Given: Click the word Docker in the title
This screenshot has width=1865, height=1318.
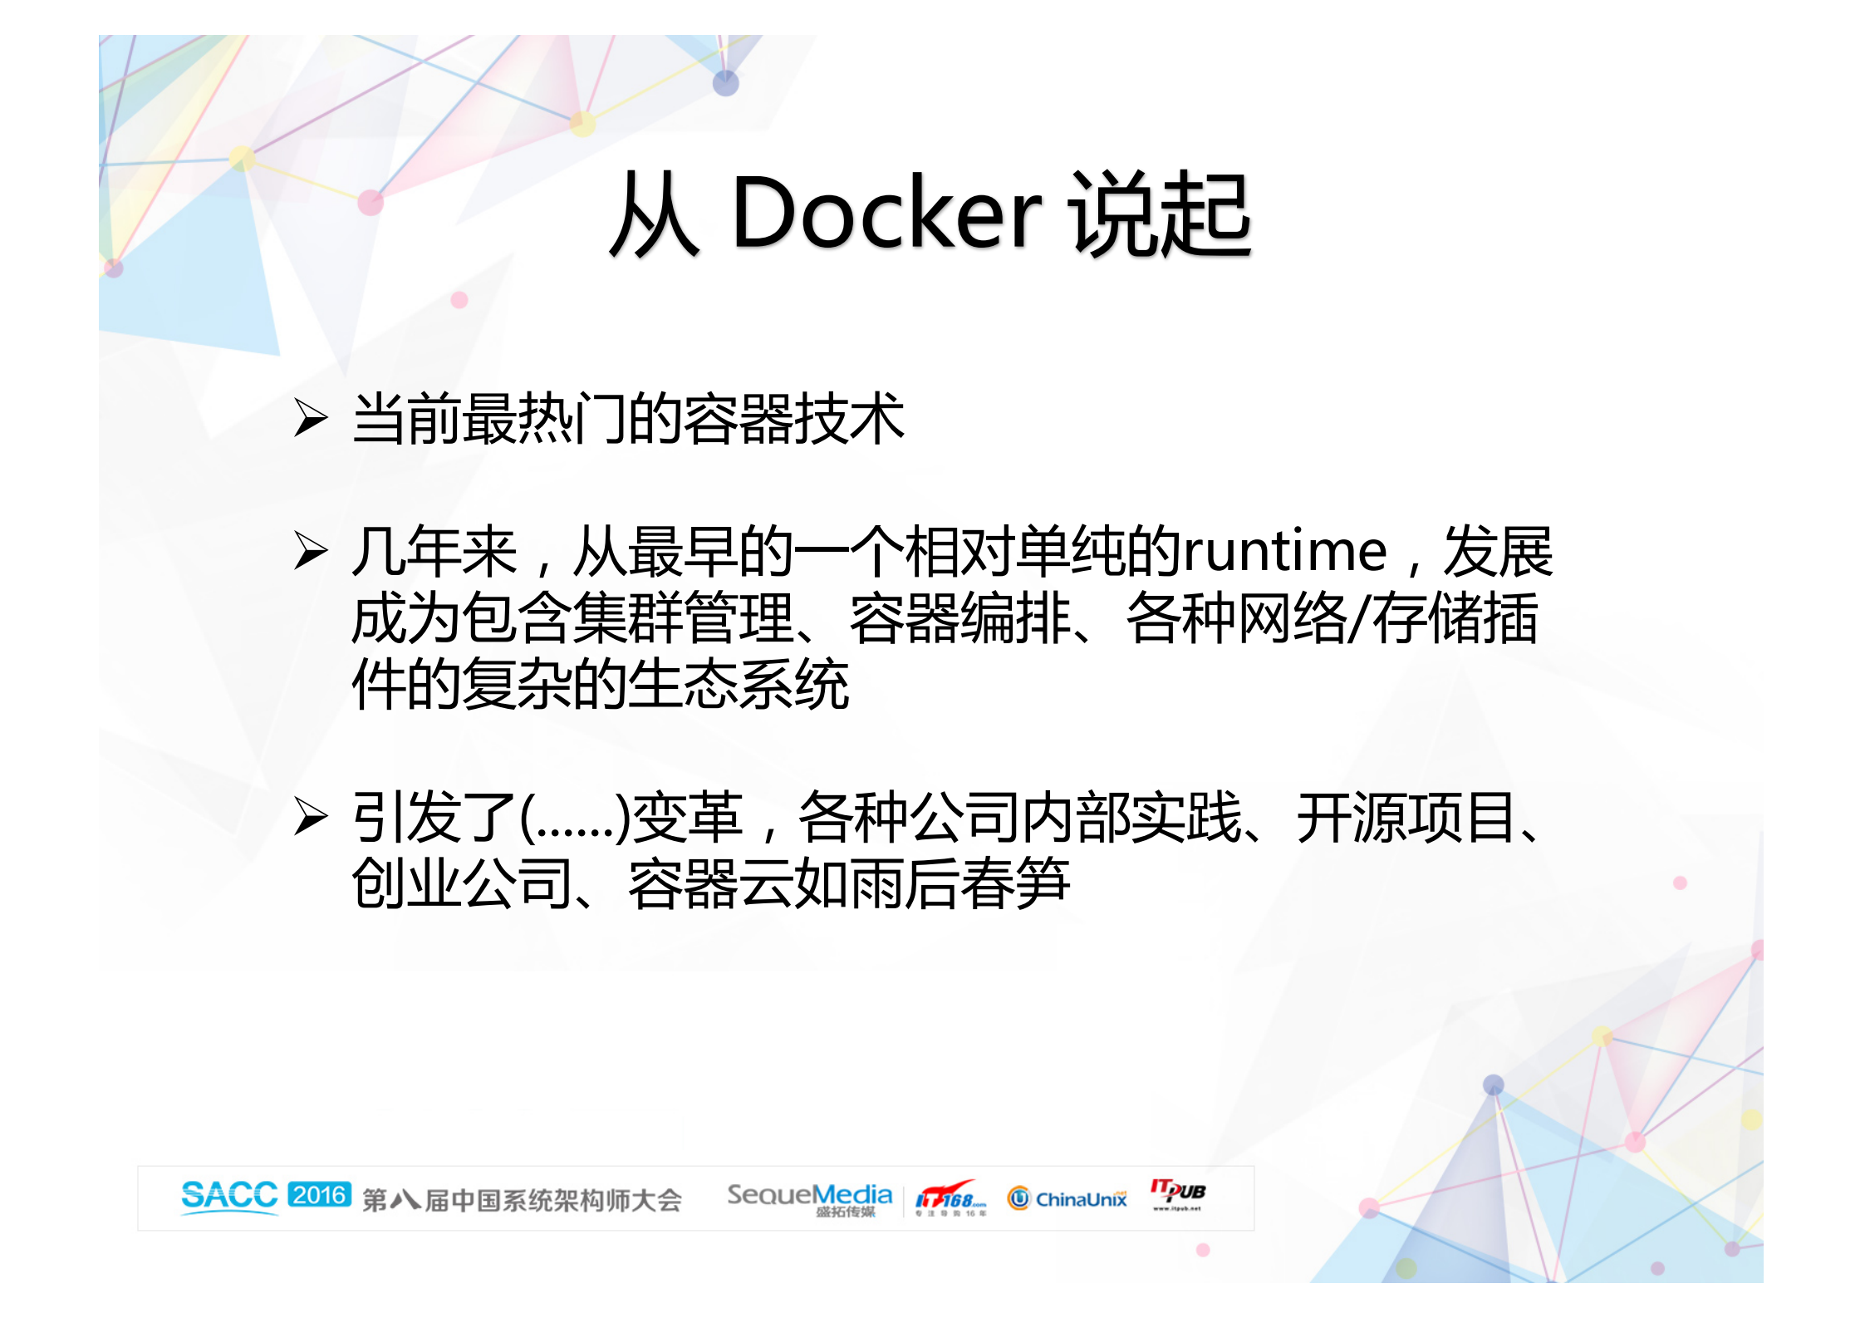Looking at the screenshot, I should click(886, 214).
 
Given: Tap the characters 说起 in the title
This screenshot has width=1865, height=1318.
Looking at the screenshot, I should click(1161, 214).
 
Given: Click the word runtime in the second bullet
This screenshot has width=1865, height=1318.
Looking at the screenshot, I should click(1284, 551).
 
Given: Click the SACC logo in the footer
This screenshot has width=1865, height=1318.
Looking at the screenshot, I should click(229, 1196).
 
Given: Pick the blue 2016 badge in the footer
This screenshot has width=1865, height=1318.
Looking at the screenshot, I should click(320, 1195).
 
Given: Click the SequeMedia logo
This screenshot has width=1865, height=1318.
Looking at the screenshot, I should click(809, 1198).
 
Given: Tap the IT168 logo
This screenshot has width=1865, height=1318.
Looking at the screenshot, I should click(950, 1198).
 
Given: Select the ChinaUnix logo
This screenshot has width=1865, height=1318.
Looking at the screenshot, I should click(1068, 1198).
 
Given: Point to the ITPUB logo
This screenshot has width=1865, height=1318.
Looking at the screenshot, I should click(1177, 1193).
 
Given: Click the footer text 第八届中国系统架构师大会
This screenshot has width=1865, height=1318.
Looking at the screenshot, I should click(522, 1200).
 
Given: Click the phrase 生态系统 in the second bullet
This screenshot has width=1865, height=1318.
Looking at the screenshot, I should click(739, 685).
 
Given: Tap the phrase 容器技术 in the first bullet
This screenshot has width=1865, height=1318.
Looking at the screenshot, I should click(794, 418).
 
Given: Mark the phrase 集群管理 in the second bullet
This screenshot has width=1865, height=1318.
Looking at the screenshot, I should click(683, 619).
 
